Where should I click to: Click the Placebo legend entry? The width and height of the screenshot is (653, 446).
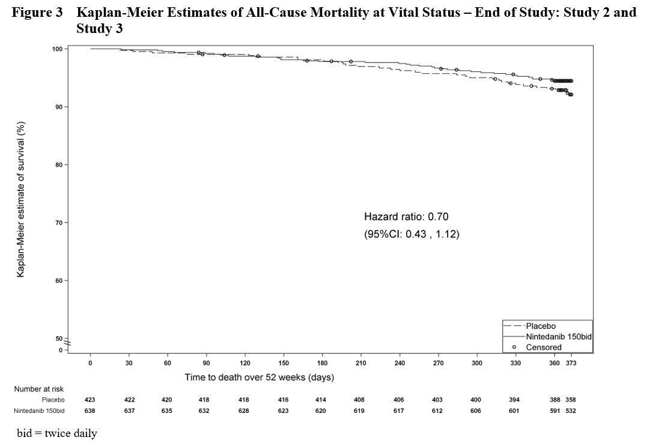click(541, 326)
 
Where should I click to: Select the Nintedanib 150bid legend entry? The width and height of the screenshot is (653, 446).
click(559, 337)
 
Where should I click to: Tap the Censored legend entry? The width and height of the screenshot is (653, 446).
click(544, 347)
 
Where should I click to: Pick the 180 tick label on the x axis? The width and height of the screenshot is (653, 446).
click(322, 364)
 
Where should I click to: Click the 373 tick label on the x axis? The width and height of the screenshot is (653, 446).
click(571, 364)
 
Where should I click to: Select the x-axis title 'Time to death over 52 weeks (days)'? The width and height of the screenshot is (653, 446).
click(259, 378)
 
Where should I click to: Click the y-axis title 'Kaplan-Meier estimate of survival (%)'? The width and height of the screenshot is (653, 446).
click(21, 199)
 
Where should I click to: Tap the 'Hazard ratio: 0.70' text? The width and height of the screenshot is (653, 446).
click(406, 216)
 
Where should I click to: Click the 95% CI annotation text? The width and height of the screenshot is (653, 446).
click(412, 234)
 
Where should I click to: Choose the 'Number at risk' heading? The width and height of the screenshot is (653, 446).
click(39, 389)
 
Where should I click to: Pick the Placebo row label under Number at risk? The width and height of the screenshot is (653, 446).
click(53, 400)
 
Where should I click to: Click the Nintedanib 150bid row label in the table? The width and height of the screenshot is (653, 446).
click(39, 411)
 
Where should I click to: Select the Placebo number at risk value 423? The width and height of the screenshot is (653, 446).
click(90, 400)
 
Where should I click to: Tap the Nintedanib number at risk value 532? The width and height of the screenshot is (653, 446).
click(571, 411)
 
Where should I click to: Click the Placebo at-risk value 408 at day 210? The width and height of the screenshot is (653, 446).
click(360, 400)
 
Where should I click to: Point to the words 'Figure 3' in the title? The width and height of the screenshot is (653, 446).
click(37, 13)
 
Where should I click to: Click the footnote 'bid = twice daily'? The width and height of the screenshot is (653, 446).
click(57, 433)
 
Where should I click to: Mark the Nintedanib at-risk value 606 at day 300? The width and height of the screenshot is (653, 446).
click(476, 411)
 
